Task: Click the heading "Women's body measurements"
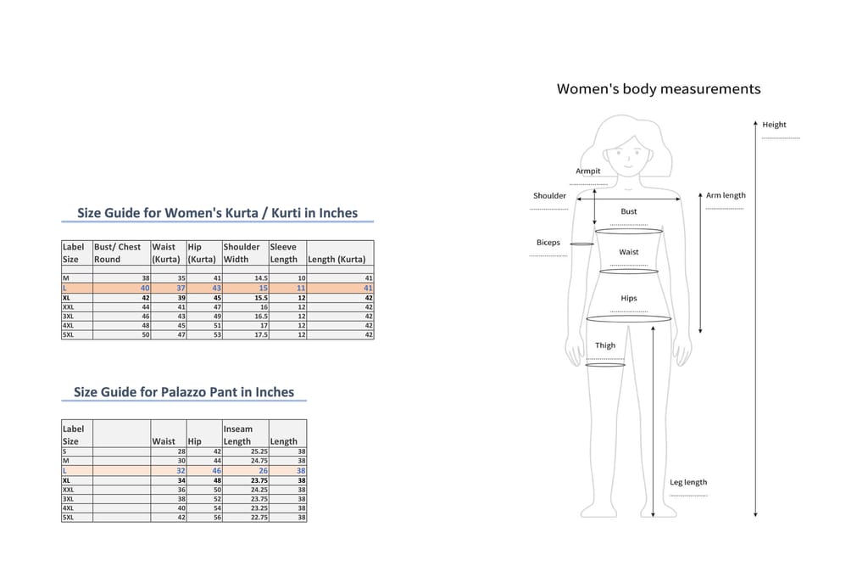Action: [x=658, y=89]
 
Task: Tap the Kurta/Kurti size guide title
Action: [x=217, y=213]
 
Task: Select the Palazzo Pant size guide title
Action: [x=184, y=392]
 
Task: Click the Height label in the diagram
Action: [x=774, y=125]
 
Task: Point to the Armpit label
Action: [x=588, y=171]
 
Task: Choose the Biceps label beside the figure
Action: [x=548, y=243]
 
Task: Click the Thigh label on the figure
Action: [x=605, y=345]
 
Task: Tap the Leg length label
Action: [x=688, y=482]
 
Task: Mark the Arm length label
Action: [x=726, y=195]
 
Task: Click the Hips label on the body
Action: [x=628, y=299]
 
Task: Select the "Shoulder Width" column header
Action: [x=241, y=253]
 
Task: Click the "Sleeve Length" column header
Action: [x=283, y=253]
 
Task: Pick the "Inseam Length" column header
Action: [x=237, y=435]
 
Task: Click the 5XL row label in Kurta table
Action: [x=69, y=334]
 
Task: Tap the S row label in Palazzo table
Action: [x=64, y=451]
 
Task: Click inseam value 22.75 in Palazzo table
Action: [x=259, y=517]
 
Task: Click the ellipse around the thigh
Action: [x=605, y=365]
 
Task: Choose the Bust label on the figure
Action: [x=629, y=211]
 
